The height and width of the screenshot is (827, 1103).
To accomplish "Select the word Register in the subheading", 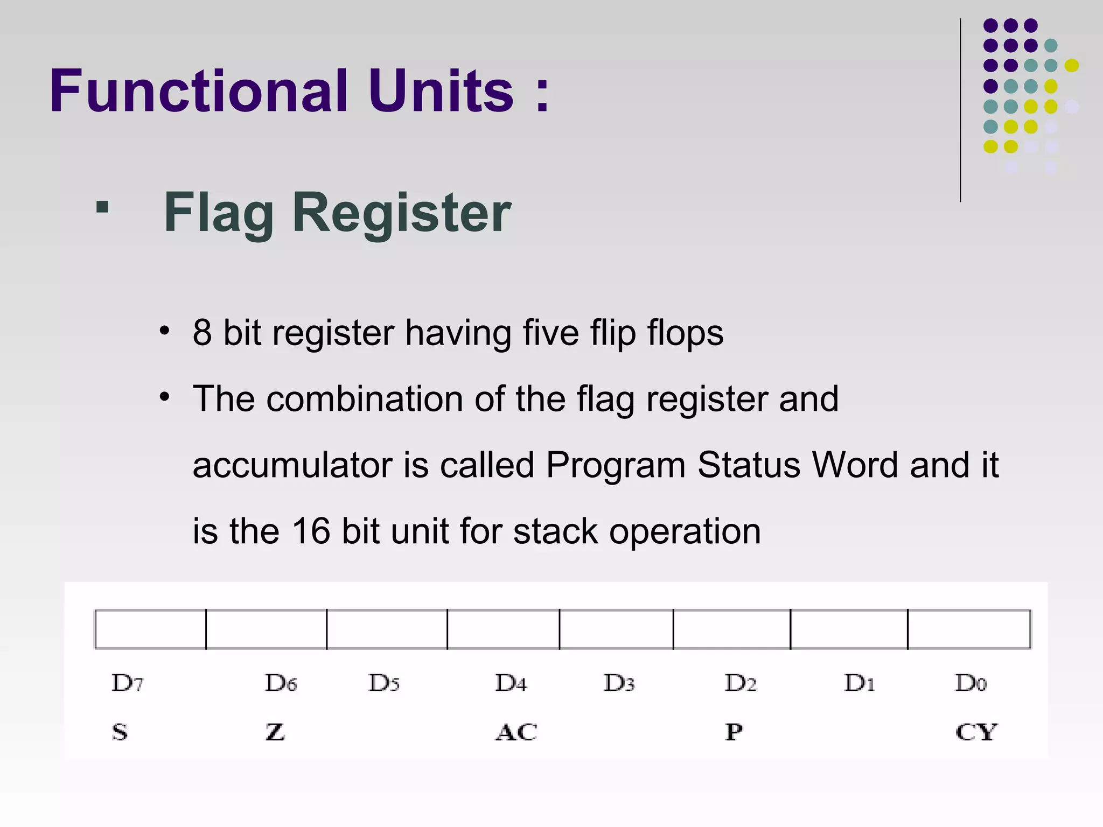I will (x=401, y=213).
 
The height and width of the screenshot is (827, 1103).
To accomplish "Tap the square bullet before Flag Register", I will (x=102, y=207).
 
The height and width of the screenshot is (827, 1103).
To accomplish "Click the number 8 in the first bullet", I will (x=202, y=333).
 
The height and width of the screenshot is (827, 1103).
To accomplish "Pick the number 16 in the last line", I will (x=311, y=531).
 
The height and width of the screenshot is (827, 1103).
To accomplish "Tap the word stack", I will (x=555, y=531).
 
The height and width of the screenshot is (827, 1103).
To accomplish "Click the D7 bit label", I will (x=127, y=683).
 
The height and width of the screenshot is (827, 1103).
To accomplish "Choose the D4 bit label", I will (x=511, y=683).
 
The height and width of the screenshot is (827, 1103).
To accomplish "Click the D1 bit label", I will (x=859, y=683).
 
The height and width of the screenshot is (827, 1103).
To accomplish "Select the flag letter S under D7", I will (x=120, y=732).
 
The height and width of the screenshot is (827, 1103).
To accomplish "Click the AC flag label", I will (x=516, y=732).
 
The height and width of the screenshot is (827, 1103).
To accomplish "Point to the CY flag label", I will (x=976, y=732).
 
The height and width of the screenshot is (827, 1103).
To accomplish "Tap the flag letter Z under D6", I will (x=275, y=732).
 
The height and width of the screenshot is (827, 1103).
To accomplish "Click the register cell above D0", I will (x=969, y=629).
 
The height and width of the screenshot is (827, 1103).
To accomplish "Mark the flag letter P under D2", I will (x=734, y=732).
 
